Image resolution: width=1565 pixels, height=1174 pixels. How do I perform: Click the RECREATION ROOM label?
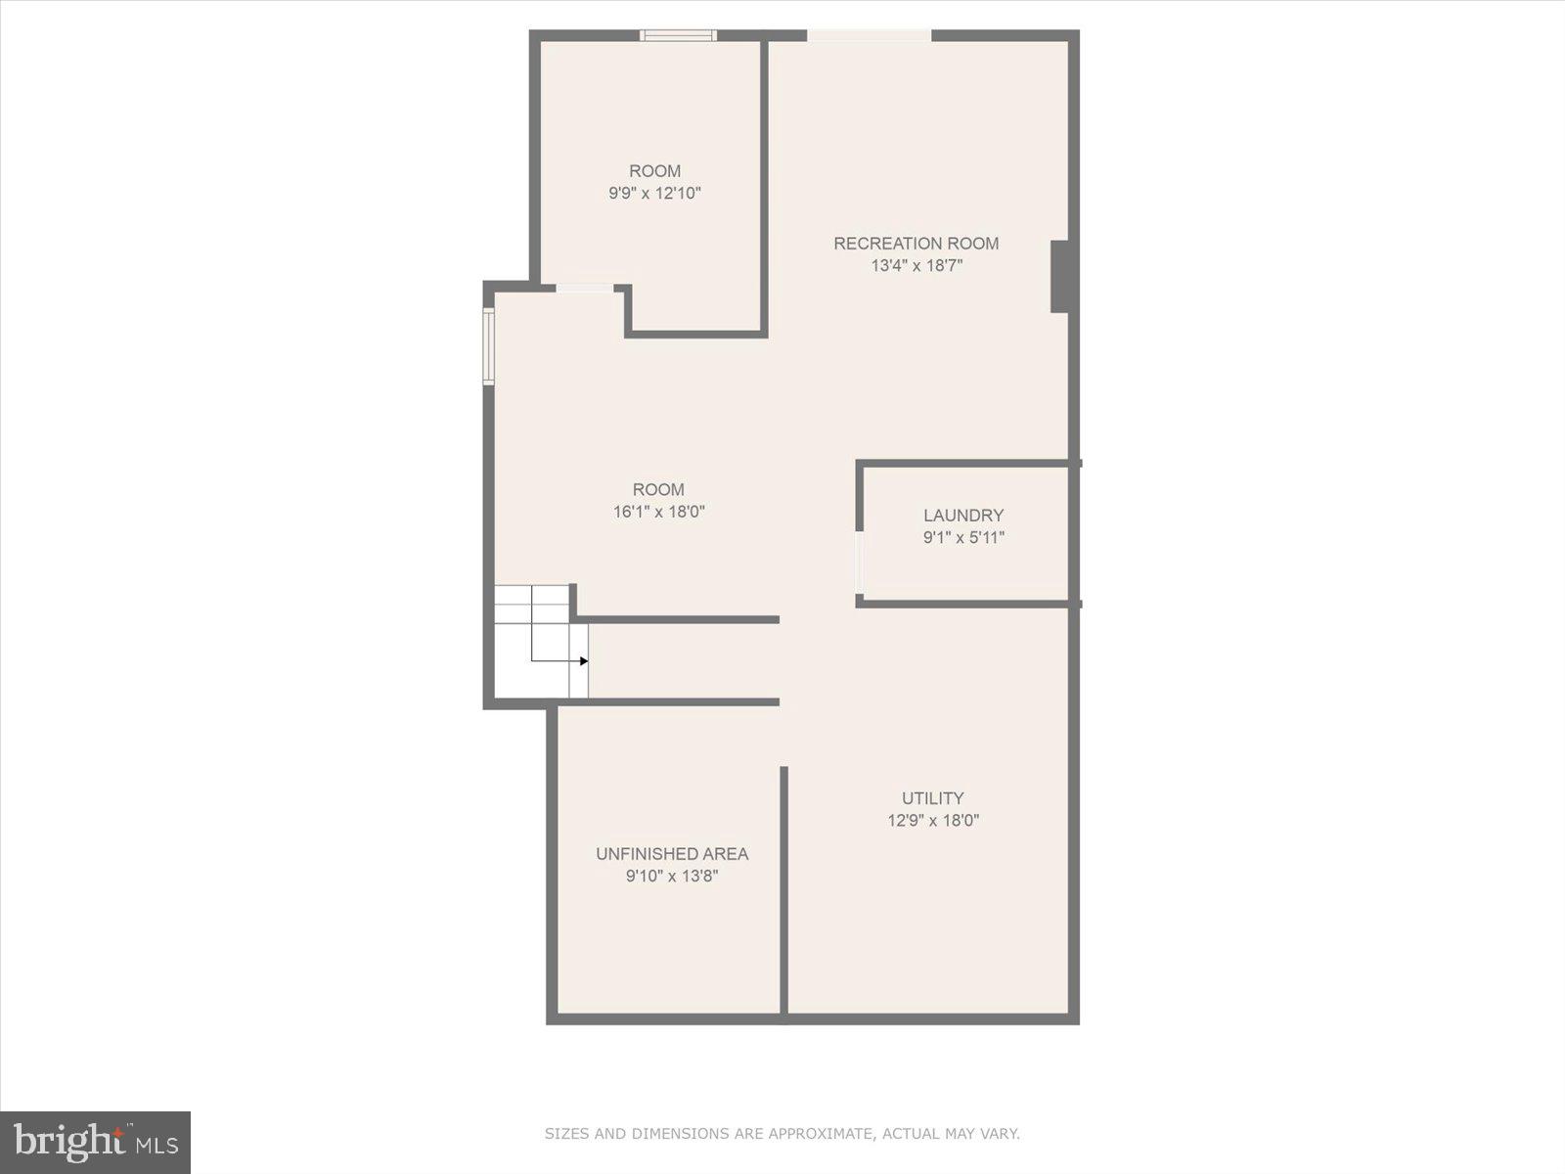click(916, 244)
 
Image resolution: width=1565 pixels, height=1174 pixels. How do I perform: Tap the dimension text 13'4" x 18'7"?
click(917, 265)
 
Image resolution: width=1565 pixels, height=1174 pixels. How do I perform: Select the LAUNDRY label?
click(963, 516)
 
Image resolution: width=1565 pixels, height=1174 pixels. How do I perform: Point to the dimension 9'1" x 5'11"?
click(963, 537)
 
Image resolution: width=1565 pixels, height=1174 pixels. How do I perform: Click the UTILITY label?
click(932, 798)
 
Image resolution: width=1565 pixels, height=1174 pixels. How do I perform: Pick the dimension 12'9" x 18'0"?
click(932, 821)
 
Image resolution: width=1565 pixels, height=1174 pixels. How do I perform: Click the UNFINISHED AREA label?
click(672, 854)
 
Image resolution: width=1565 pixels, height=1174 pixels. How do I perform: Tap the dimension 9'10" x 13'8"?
click(672, 876)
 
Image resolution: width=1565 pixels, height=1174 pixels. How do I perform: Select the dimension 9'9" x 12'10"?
click(654, 193)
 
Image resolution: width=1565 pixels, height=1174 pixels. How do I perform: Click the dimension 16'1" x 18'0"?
click(658, 512)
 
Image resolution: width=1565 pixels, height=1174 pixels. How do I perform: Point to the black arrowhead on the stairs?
click(584, 661)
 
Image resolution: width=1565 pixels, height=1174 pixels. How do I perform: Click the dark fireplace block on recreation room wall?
click(1059, 277)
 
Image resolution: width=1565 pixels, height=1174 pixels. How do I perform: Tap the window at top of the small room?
click(678, 36)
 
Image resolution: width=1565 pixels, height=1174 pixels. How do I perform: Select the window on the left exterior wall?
click(488, 346)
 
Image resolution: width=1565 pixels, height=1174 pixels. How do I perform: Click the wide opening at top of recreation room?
click(869, 36)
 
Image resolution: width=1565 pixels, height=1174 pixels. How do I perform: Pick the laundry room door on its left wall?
click(860, 564)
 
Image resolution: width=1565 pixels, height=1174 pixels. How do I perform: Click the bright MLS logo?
click(95, 1142)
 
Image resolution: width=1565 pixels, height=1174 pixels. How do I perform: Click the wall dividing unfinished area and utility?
click(783, 890)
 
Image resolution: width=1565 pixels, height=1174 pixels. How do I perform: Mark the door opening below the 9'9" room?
click(585, 288)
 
